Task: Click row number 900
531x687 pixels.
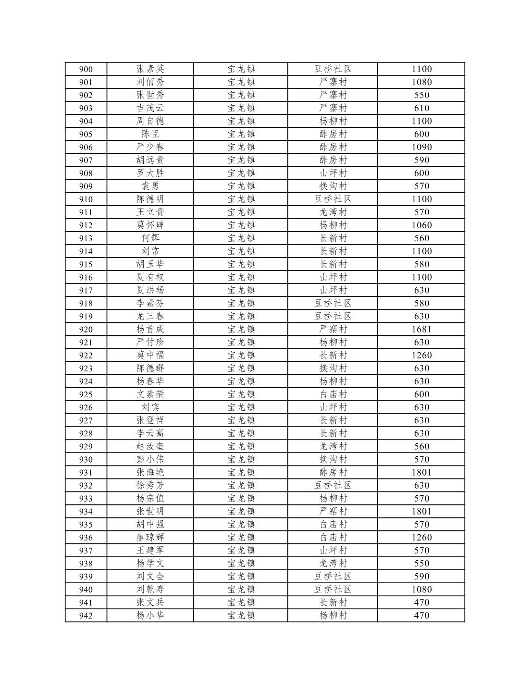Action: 86,69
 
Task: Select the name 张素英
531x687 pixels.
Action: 150,69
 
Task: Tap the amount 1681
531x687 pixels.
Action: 421,329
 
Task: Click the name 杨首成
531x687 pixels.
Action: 150,329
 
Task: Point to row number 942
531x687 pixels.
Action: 86,615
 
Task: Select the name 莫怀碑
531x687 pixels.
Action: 150,225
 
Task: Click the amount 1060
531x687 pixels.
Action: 421,225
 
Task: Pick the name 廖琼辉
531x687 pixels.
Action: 150,537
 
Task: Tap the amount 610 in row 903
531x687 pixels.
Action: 421,108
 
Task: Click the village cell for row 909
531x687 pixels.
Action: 333,186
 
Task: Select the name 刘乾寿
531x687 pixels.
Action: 150,589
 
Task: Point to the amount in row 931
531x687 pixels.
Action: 421,472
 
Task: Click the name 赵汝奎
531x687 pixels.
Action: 150,446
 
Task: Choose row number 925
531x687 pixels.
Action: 86,394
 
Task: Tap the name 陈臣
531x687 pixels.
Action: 150,134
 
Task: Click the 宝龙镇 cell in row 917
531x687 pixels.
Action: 241,290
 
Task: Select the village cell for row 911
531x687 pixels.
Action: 333,212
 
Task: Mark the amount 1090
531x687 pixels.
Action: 421,147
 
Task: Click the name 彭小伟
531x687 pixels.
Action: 150,459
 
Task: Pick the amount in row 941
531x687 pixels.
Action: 421,602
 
